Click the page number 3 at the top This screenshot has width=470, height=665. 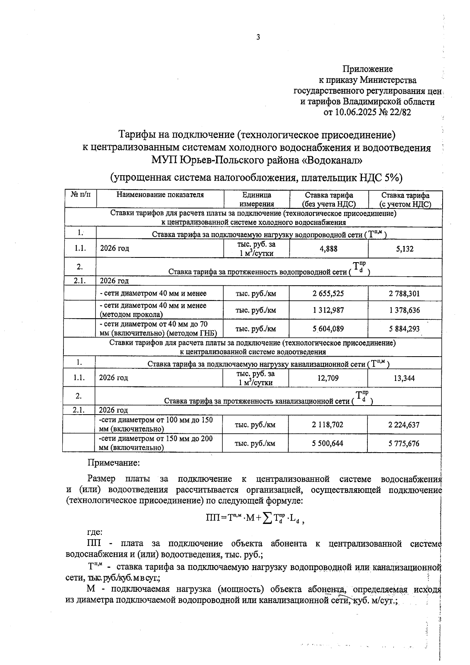pyautogui.click(x=258, y=38)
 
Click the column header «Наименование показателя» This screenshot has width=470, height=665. pyautogui.click(x=160, y=195)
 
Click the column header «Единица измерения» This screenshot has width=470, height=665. pyautogui.click(x=257, y=199)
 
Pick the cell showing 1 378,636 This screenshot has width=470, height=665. pyautogui.click(x=405, y=310)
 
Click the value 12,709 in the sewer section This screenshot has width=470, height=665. pyautogui.click(x=328, y=379)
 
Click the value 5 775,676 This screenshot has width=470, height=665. pyautogui.click(x=404, y=444)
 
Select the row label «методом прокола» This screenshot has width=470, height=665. pyautogui.click(x=132, y=314)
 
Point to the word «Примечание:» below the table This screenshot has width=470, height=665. pyautogui.click(x=113, y=463)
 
